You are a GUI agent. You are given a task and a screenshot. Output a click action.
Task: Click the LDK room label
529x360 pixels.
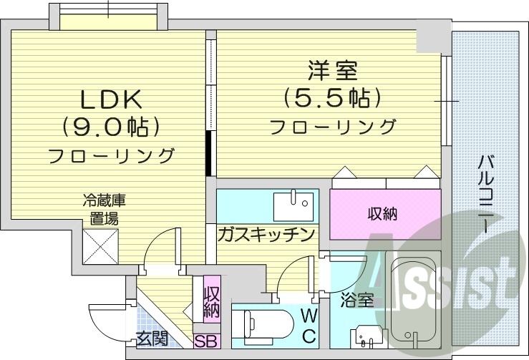click(x=111, y=97)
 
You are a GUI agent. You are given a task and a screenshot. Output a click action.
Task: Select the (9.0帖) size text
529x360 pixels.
click(x=111, y=126)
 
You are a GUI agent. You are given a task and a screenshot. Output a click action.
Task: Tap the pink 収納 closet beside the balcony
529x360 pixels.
click(x=384, y=213)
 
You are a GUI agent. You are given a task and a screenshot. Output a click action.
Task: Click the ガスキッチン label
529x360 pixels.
click(x=266, y=234)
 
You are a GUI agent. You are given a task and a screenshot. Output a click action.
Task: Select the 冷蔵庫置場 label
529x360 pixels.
click(x=100, y=210)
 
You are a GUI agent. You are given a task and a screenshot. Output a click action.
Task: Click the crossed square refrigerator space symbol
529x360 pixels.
click(x=100, y=245)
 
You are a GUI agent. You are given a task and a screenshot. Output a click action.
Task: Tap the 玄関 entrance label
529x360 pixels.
click(x=152, y=339)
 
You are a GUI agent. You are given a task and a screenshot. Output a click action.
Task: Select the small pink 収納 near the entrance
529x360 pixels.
click(x=211, y=301)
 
